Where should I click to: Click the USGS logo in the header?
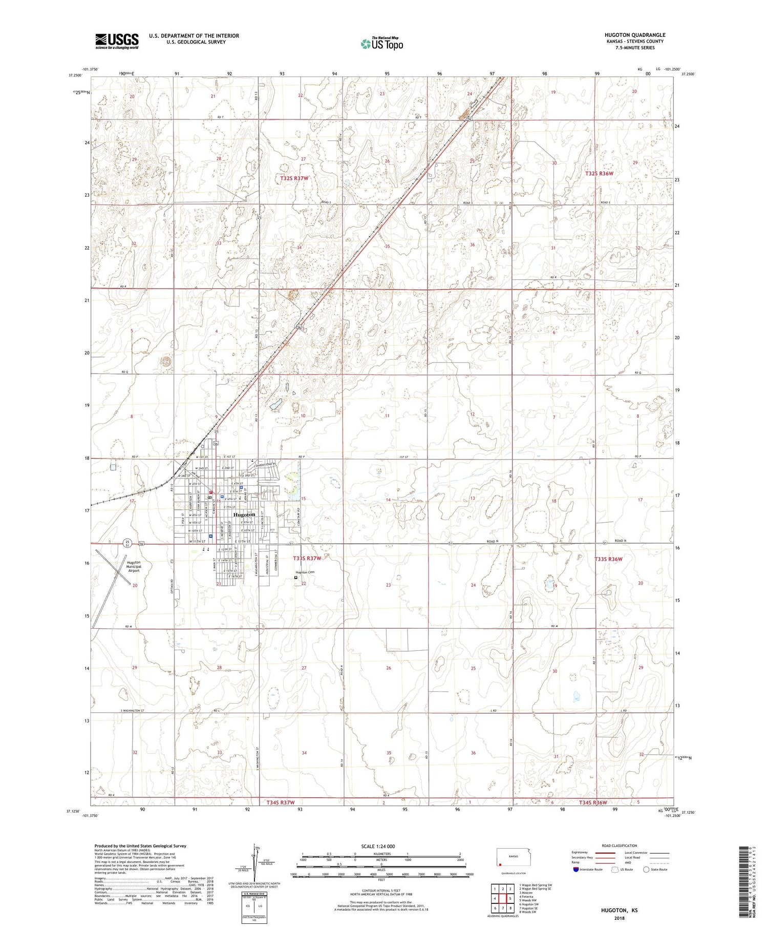pos(117,41)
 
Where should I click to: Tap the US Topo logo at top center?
pos(381,44)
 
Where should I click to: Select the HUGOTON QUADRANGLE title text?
pos(634,35)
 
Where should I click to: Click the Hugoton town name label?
pos(244,514)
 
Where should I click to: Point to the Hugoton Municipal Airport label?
pos(133,566)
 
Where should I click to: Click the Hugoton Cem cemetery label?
pos(304,572)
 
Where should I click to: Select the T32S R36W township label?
pos(599,174)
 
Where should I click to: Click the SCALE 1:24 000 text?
pos(378,846)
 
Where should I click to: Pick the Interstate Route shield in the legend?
pos(576,869)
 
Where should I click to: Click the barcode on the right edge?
pos(745,881)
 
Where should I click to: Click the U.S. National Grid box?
pos(254,907)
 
